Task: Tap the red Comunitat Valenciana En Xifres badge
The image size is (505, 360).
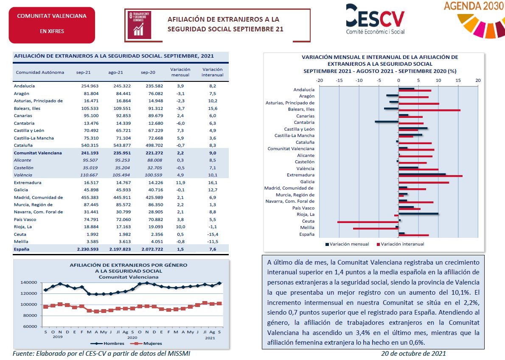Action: click(x=52, y=25)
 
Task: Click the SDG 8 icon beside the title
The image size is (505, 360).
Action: click(x=140, y=25)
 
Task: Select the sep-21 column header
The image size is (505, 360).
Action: click(x=84, y=73)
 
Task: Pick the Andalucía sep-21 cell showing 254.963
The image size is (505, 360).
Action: click(x=90, y=86)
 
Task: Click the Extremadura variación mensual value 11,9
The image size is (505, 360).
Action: click(x=180, y=182)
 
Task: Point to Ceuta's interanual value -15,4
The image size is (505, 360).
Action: click(x=213, y=234)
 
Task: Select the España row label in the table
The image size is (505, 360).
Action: click(x=22, y=249)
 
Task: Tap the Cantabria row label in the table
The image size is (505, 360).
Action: click(x=24, y=123)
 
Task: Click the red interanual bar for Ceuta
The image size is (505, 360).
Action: click(x=368, y=222)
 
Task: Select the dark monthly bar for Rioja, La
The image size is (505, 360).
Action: click(x=418, y=214)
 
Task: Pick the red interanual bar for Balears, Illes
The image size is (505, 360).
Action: click(x=429, y=110)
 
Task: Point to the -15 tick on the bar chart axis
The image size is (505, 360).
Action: click(x=339, y=81)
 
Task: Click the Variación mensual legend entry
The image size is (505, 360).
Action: click(x=347, y=244)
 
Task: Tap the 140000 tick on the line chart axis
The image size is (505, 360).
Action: click(x=29, y=282)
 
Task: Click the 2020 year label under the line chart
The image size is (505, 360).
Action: click(x=132, y=338)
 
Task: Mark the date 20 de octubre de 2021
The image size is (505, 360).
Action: click(x=413, y=353)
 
